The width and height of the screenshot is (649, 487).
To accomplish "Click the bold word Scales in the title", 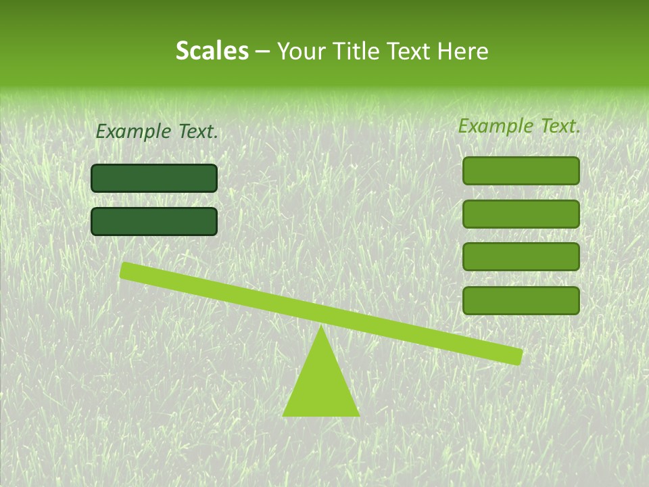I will click(x=212, y=51).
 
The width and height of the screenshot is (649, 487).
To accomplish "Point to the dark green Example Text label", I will click(x=157, y=132).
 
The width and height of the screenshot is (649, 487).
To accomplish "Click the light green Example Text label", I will click(x=519, y=126).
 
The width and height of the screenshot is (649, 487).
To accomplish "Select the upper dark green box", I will click(x=154, y=178).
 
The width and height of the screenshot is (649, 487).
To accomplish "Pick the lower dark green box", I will click(x=154, y=221).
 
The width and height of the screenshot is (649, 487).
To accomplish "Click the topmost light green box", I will click(x=521, y=170).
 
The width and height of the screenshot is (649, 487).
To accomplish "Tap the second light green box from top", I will click(x=521, y=214).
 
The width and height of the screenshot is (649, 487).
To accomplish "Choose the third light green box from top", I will click(x=521, y=257).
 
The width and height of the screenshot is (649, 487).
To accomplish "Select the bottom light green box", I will click(x=521, y=300).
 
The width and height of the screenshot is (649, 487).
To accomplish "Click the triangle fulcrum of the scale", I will click(x=320, y=386).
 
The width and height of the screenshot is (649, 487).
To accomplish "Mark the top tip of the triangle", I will click(x=321, y=327).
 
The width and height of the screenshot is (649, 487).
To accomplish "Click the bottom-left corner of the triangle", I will click(x=283, y=415).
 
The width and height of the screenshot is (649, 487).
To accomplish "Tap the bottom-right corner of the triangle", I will click(x=359, y=415).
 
